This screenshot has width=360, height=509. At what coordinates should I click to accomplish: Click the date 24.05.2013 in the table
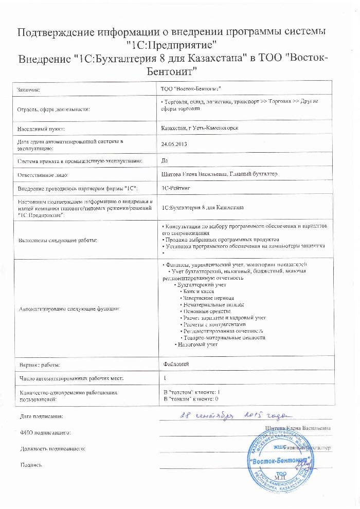click(x=174, y=145)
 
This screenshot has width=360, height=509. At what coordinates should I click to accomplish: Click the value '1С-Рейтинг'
click(x=175, y=189)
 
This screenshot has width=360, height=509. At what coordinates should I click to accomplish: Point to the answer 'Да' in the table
click(x=165, y=161)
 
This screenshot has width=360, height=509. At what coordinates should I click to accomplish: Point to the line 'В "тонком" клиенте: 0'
click(x=190, y=398)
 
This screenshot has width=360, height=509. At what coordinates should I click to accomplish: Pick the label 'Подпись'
click(x=30, y=465)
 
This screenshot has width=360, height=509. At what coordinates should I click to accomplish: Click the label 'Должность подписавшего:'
click(x=51, y=449)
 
